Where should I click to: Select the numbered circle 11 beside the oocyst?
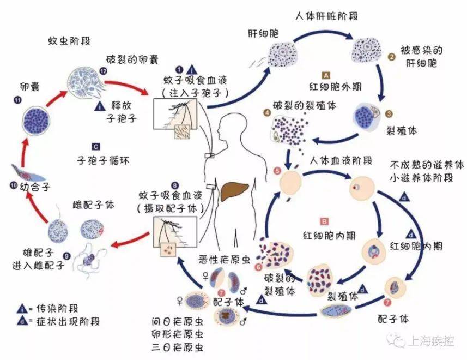click(x=17, y=100)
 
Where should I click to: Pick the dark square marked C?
click(x=95, y=146)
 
